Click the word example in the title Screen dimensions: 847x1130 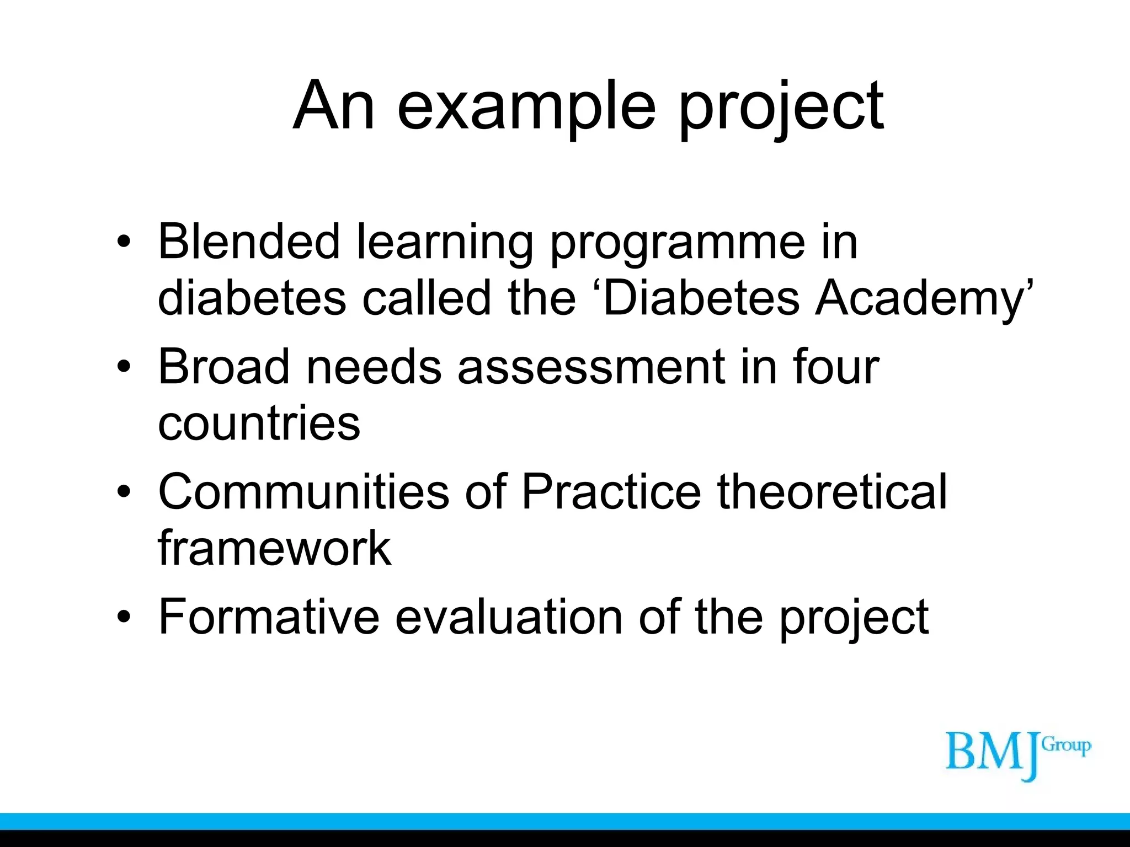click(526, 106)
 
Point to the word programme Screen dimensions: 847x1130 click(678, 244)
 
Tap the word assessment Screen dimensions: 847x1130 click(591, 368)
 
